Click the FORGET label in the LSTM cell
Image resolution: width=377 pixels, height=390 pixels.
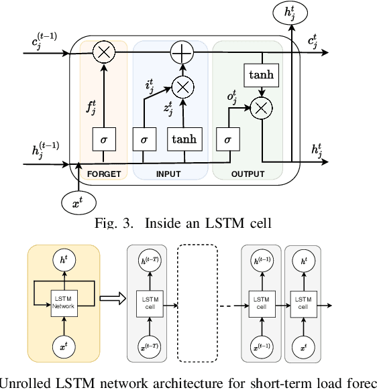(x=103, y=174)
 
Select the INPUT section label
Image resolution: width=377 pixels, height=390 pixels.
(x=168, y=174)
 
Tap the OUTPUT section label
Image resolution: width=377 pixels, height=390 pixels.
(x=248, y=174)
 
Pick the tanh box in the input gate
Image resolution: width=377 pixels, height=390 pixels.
(x=184, y=139)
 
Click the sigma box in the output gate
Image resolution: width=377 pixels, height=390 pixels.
(x=228, y=139)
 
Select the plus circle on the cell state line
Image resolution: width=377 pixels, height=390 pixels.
(x=181, y=51)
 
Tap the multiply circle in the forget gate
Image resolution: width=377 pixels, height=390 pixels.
(x=103, y=51)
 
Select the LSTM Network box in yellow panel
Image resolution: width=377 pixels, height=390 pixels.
(x=63, y=302)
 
